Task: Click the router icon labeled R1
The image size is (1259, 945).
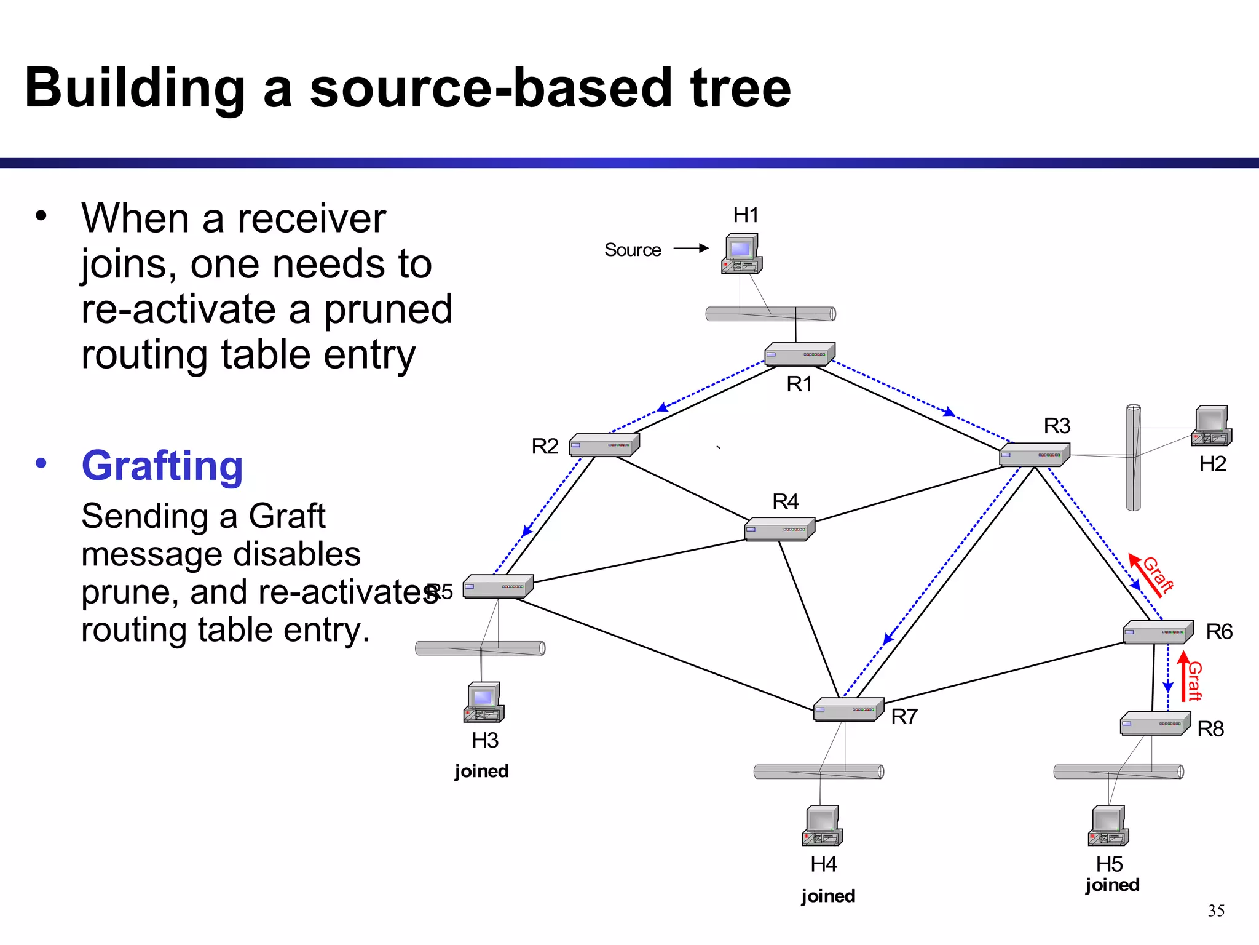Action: coord(799,354)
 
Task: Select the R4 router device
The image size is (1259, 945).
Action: coord(779,529)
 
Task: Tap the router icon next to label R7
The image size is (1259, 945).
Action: coord(848,709)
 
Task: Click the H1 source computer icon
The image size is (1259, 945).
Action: coord(742,253)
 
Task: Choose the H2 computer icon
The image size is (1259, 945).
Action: coord(1211,426)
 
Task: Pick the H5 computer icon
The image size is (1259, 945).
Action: coord(1108,826)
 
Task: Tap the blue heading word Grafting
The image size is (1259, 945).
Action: coord(162,466)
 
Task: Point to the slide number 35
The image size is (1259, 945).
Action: coord(1215,911)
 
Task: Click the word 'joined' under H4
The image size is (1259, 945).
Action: coord(827,896)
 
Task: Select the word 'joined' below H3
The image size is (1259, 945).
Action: coord(481,771)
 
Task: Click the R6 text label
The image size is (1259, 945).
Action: coord(1218,632)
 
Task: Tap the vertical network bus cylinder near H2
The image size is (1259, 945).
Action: coord(1133,458)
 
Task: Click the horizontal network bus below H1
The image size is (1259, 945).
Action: coord(770,314)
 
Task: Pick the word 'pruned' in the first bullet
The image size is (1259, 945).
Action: coord(388,309)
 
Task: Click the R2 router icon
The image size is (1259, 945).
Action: coord(604,445)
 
